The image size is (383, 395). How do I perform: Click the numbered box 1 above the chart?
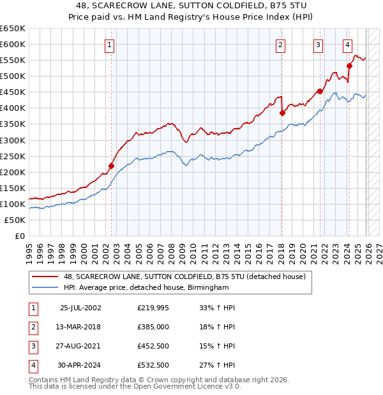[x=110, y=45]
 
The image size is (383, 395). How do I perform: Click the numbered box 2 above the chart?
[x=281, y=45]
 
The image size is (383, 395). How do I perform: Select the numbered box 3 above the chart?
[x=318, y=45]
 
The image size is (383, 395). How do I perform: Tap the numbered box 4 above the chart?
[x=347, y=45]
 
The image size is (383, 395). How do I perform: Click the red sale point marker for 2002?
[x=111, y=166]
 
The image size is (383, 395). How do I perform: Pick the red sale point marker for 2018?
[x=282, y=113]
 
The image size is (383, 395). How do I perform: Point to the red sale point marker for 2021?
[x=320, y=91]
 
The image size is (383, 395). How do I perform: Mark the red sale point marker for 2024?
[x=349, y=65]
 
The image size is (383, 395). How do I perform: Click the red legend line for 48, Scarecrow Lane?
[x=45, y=276]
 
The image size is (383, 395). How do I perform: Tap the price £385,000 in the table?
[x=153, y=327]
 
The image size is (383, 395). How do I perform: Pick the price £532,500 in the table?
[x=153, y=365]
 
